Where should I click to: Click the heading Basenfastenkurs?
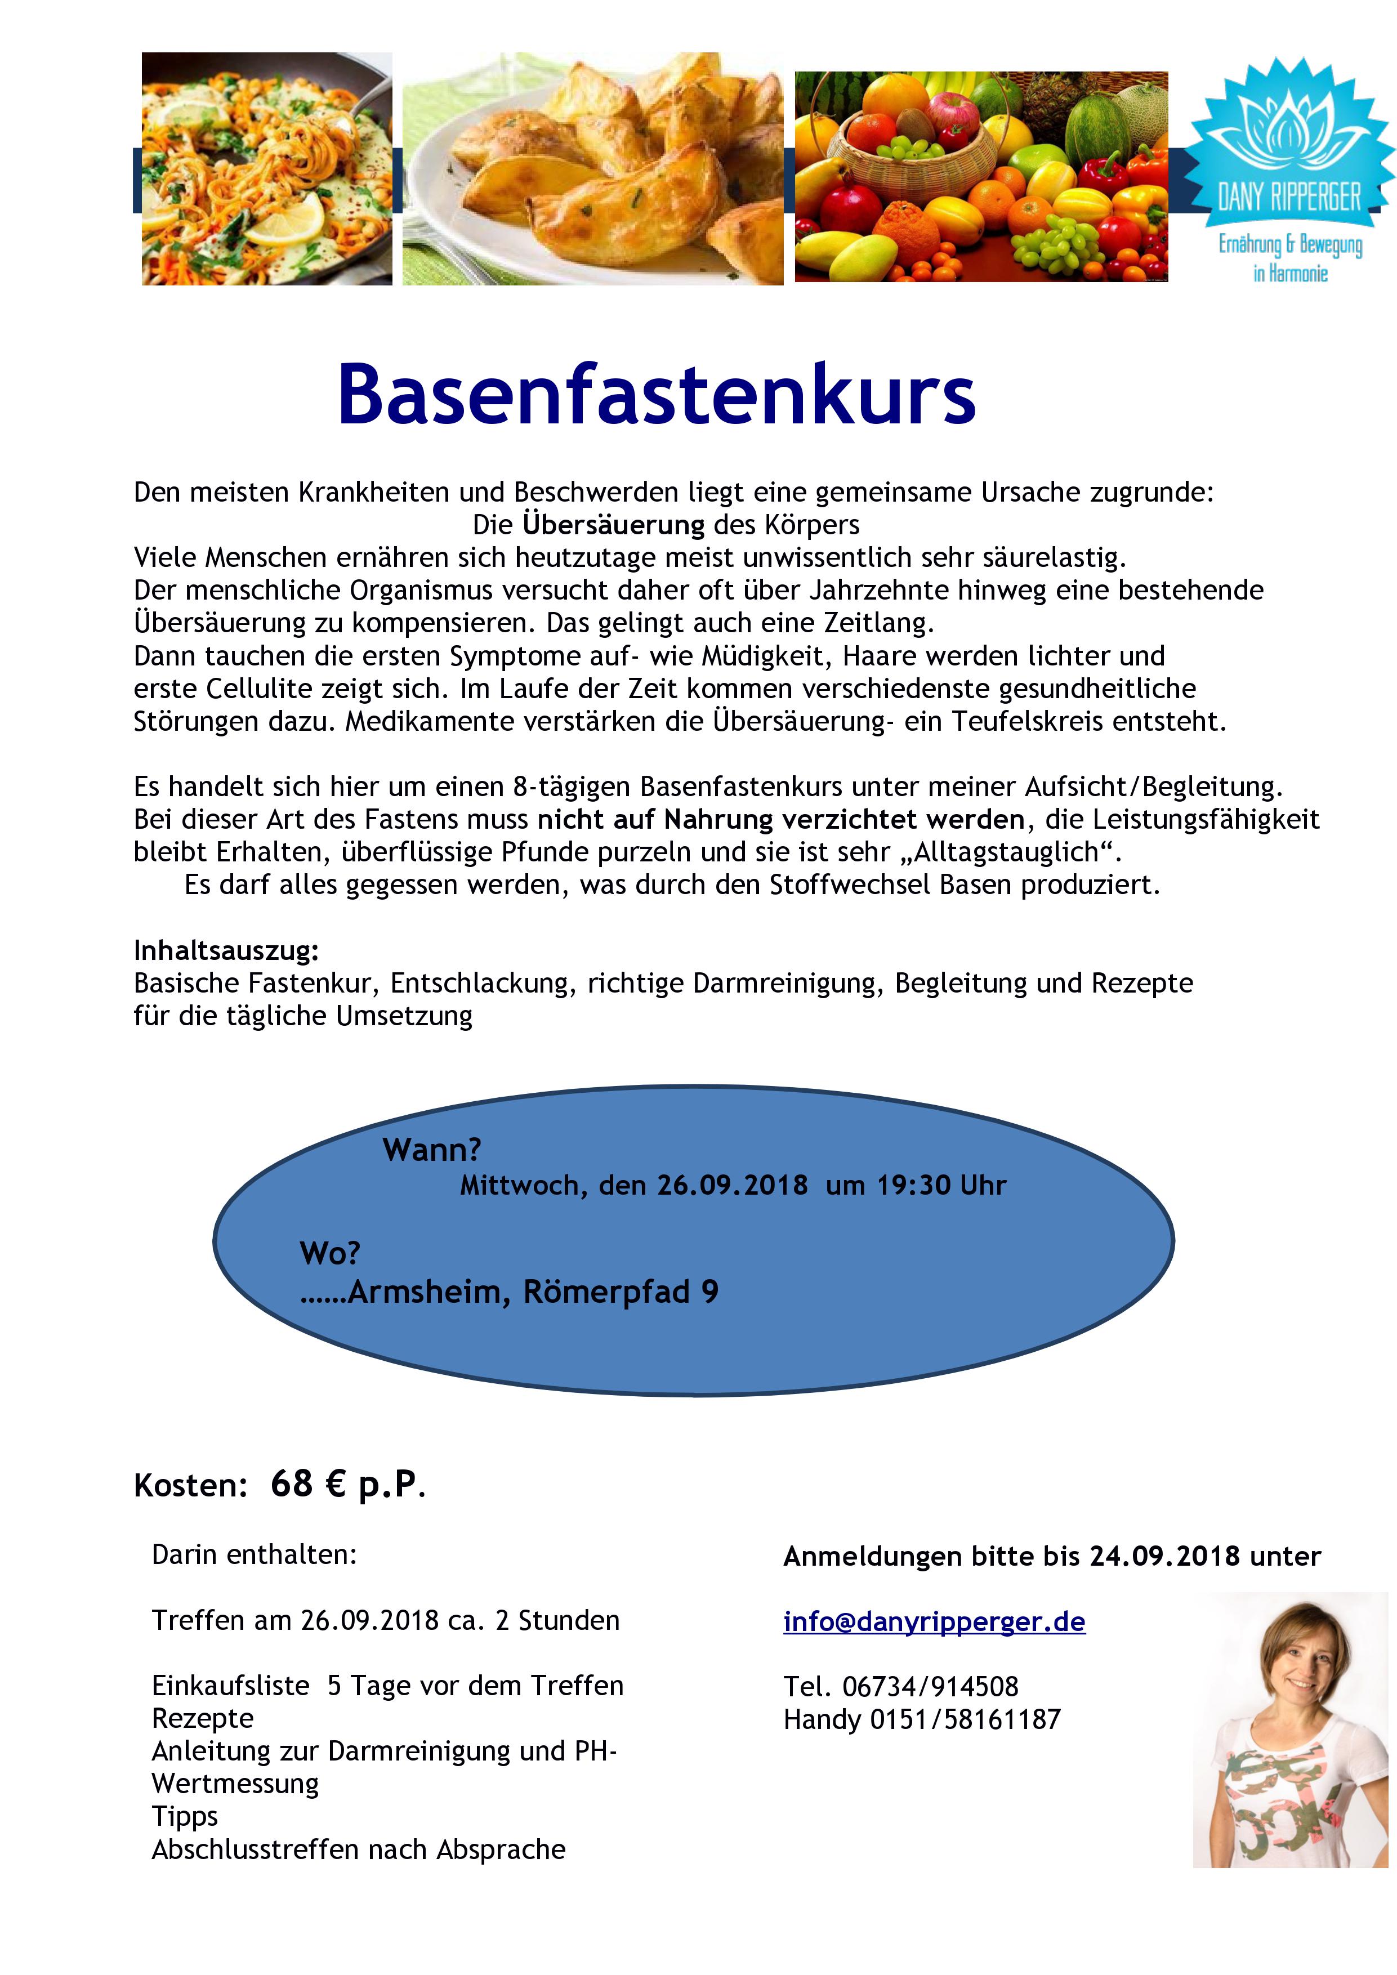click(657, 395)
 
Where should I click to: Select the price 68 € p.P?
click(347, 1484)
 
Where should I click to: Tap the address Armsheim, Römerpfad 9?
click(533, 1292)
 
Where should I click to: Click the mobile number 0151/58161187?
click(965, 1719)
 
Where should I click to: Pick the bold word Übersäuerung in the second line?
click(613, 525)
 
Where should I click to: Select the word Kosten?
click(190, 1486)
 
